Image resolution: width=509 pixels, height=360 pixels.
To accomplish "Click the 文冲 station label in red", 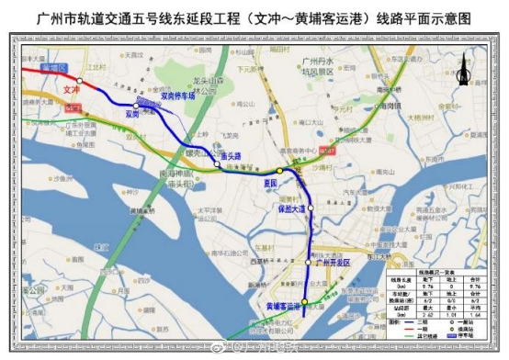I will [x=73, y=90].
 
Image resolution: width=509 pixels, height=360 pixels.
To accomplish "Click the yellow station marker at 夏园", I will [x=279, y=171].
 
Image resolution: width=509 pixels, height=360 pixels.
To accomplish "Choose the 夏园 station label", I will [x=267, y=182].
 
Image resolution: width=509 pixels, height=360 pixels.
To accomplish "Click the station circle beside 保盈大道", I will [x=311, y=208].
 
